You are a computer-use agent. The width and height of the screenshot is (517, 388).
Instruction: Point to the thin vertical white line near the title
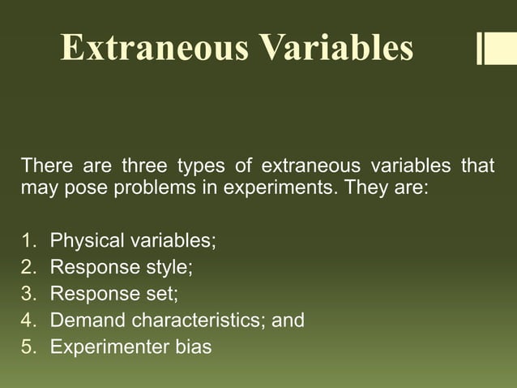pos(478,48)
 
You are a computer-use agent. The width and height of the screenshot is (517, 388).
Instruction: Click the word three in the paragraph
pos(144,167)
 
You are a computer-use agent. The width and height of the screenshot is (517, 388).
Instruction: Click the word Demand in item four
pos(83,321)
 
